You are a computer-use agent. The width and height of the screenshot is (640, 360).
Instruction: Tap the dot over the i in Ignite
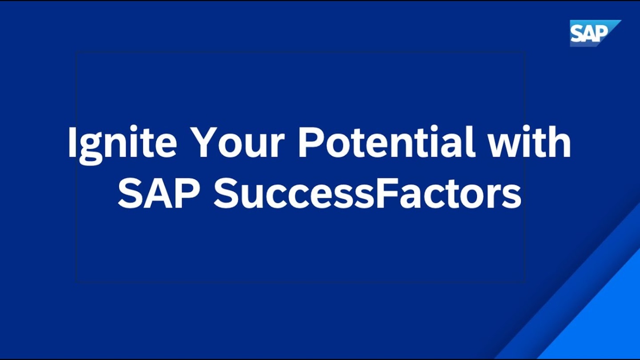[x=136, y=129]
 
